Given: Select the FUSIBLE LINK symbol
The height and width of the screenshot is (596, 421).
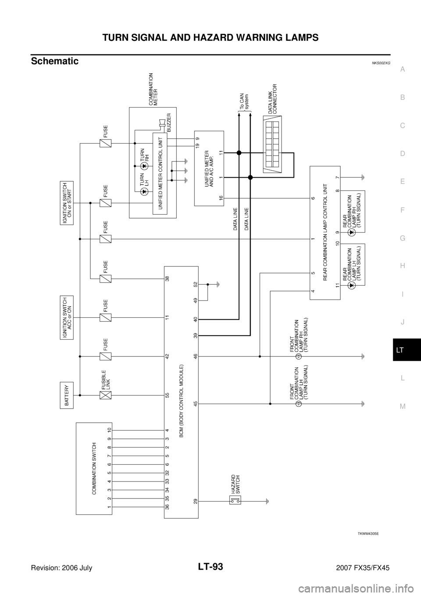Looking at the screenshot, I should coord(105,395).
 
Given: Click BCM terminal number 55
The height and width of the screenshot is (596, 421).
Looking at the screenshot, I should coord(168,395).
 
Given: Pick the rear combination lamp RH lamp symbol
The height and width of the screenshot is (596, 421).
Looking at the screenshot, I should coord(350,233).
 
